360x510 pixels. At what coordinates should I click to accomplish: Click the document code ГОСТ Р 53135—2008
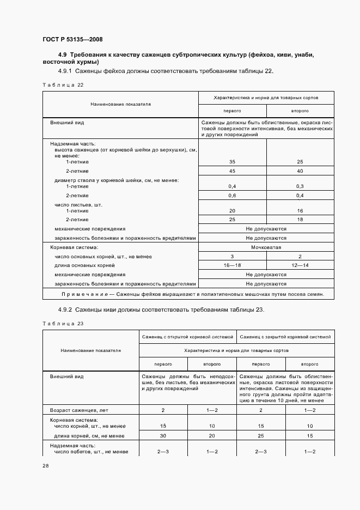tap(72, 40)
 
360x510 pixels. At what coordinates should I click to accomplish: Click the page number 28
tap(46, 466)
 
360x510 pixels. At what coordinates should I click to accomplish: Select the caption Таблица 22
tap(63, 85)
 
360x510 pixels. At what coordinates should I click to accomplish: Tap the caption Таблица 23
tap(63, 324)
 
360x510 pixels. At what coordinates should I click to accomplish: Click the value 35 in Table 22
tap(233, 162)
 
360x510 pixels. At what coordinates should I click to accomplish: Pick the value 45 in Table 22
tap(233, 171)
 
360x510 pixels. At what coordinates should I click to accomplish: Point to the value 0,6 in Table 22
tap(233, 196)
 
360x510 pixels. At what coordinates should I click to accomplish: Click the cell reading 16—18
tap(233, 265)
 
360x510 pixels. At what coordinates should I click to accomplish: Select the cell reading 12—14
tap(300, 265)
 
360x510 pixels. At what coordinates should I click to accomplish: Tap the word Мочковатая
tap(266, 247)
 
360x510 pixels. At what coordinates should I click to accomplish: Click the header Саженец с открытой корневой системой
tap(187, 337)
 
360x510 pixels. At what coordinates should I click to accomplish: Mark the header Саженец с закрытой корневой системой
tap(285, 337)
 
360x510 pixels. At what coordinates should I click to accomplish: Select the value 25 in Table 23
tap(261, 436)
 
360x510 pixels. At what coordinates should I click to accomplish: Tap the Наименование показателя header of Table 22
tap(120, 103)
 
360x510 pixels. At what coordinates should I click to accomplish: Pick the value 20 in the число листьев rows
tap(233, 210)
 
